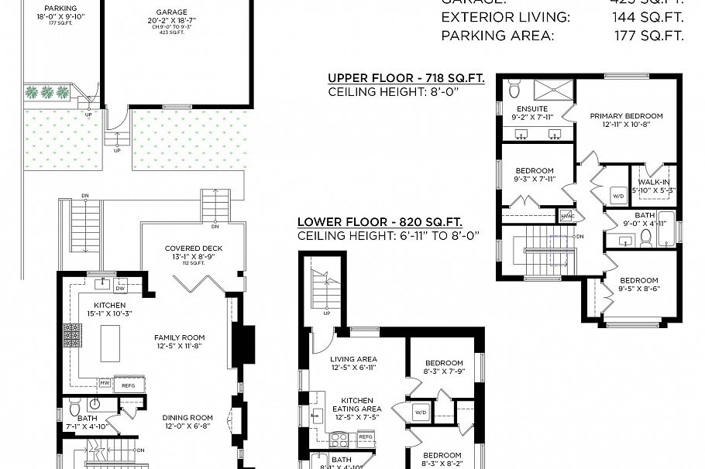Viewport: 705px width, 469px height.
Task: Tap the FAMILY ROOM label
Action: click(179, 337)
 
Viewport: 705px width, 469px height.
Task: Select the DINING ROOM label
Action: click(187, 418)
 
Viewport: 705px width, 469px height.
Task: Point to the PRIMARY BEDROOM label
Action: click(626, 116)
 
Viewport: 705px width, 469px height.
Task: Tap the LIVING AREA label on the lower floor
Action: click(353, 359)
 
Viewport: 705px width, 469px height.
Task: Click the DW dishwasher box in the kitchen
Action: click(120, 289)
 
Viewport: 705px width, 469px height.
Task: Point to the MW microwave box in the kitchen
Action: click(104, 382)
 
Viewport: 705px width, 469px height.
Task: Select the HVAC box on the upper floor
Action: click(566, 215)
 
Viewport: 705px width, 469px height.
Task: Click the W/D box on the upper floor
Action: click(618, 195)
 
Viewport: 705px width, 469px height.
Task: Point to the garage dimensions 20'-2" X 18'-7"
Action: click(171, 22)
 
